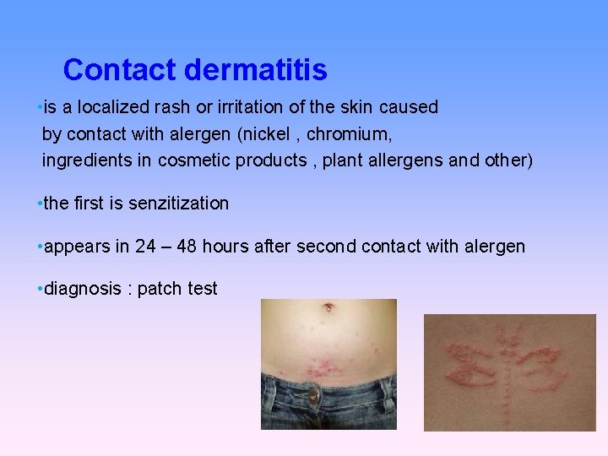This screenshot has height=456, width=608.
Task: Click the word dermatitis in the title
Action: [x=255, y=70]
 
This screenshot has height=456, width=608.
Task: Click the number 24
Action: [x=145, y=247]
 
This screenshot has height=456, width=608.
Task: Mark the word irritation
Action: [x=245, y=107]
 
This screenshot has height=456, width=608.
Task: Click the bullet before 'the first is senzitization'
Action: [x=40, y=204]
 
